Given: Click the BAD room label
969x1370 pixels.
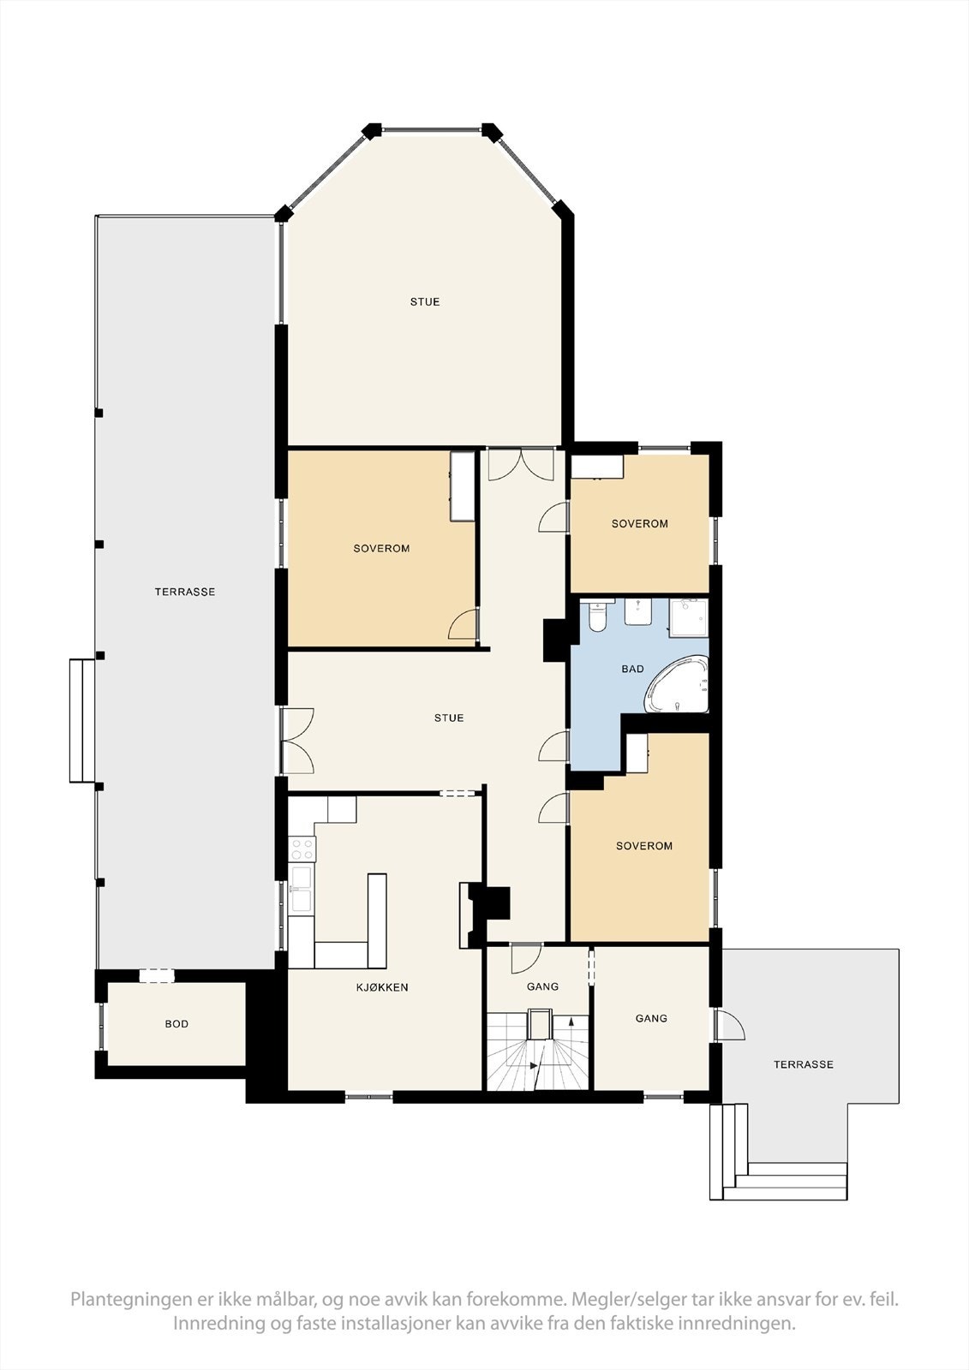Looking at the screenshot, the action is click(x=632, y=669).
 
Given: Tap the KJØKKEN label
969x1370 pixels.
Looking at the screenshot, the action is click(x=382, y=987).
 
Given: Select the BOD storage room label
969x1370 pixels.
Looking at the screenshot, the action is click(x=176, y=1024).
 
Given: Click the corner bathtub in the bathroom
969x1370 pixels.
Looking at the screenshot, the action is click(x=676, y=684).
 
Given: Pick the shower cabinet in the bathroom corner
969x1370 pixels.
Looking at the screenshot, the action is click(x=689, y=618).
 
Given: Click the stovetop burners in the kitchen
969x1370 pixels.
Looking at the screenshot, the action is click(x=302, y=849).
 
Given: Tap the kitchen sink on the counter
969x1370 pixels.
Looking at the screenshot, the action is click(x=302, y=888).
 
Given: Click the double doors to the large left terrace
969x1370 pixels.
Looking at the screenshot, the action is click(x=298, y=740).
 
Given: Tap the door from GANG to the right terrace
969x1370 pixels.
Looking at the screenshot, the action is click(x=730, y=1024).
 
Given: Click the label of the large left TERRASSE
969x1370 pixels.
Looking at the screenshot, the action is click(x=185, y=592).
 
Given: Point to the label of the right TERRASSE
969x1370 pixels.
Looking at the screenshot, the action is click(x=803, y=1065).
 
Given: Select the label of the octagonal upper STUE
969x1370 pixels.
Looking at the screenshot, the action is click(x=425, y=301).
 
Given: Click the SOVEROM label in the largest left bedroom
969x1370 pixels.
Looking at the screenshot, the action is click(x=381, y=549).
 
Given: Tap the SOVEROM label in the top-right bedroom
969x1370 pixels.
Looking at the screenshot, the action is click(x=640, y=523).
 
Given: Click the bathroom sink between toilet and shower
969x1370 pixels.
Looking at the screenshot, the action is click(x=637, y=611).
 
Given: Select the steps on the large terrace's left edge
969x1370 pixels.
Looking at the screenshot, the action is click(x=82, y=720).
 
